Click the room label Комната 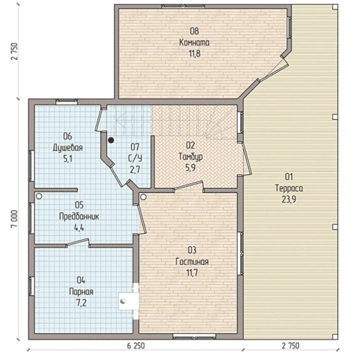coord(194,42)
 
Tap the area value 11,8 coord(194,54)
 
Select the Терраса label coord(289,188)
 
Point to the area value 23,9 coord(289,199)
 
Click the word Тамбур coord(191,157)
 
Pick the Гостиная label coord(192,262)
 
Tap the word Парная coord(81,292)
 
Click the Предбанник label coord(79,216)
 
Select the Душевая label coord(68,148)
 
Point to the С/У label coord(135,158)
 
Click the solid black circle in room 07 coord(111,140)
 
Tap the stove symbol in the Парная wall coord(123,301)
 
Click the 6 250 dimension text coord(136,346)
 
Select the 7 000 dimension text coord(14,219)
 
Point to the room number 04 coord(81,280)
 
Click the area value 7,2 coord(81,303)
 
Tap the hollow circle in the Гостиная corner coord(144,197)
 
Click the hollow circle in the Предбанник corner coord(39,196)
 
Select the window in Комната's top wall coord(183,6)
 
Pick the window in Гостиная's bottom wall coord(194,336)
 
